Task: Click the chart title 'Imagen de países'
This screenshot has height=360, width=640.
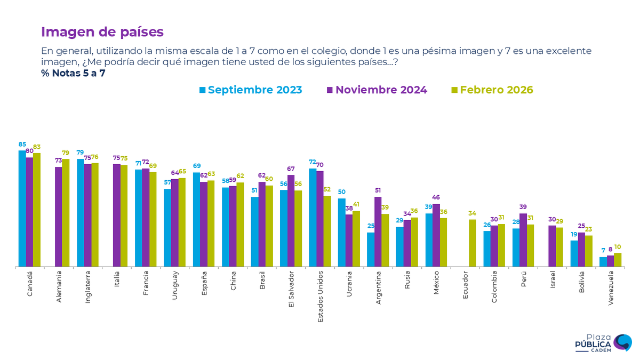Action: click(102, 32)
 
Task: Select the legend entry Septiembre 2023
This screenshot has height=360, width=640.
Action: click(251, 90)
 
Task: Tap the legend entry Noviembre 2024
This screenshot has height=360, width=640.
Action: click(377, 90)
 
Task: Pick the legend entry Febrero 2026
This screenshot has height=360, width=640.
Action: click(492, 90)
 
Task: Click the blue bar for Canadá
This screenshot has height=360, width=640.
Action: click(22, 208)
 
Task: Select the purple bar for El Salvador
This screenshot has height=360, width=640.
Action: click(291, 220)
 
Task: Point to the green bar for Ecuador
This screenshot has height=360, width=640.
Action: click(472, 243)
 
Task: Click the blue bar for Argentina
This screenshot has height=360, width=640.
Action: click(371, 249)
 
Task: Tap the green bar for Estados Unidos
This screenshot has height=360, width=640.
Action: click(327, 231)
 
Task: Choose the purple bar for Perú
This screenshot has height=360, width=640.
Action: click(523, 239)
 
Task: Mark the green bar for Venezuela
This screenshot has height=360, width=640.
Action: click(618, 260)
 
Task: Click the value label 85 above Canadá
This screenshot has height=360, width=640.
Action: click(22, 144)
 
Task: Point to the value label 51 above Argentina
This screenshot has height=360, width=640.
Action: click(378, 190)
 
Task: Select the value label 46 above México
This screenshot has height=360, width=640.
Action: click(436, 197)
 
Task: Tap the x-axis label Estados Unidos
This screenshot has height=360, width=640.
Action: click(320, 297)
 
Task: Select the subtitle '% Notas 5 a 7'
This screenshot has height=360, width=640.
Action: click(73, 73)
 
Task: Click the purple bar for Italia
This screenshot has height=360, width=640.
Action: click(116, 215)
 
